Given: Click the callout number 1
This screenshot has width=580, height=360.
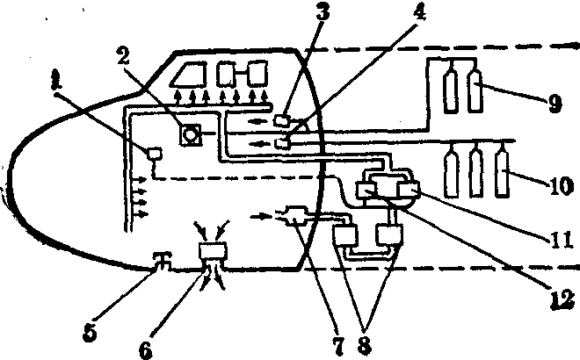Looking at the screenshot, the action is coord(56,81).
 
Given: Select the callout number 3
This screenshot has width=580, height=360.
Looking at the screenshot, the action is coord(323,11).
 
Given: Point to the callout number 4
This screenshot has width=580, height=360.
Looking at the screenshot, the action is coord(418,11).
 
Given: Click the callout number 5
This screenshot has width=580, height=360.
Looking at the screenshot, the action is coord(90,332).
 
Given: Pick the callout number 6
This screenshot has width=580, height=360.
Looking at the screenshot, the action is coord(145,349).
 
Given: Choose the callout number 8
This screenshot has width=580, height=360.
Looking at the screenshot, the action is coord(365,346).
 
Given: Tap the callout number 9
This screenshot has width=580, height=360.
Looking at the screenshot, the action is coord(555,103).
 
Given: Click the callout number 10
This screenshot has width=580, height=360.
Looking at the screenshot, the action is coord(561,185).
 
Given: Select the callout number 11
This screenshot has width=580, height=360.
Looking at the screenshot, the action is coord(562,239).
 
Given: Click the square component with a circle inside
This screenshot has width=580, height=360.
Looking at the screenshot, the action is coord(191,134).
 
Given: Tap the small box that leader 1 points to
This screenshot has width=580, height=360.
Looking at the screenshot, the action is coord(155,154).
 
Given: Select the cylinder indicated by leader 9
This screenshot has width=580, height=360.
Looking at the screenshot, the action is coord(475,90).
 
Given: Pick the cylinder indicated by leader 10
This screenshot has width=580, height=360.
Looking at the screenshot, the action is coord(502,173).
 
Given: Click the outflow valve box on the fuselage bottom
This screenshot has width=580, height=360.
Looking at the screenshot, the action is coord(213,252).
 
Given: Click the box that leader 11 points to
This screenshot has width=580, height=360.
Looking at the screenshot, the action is coord(409,191).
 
